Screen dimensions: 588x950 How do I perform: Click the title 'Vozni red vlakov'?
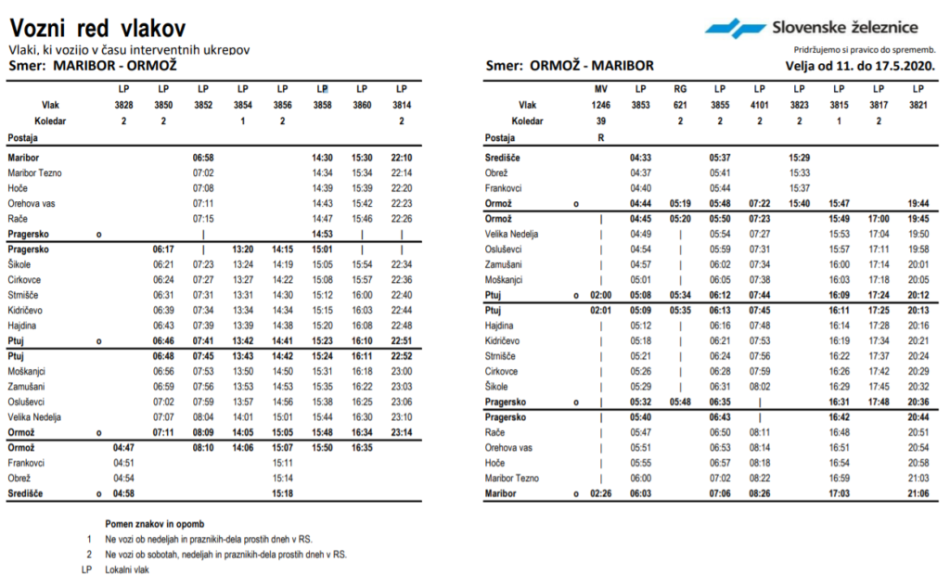pos(97,28)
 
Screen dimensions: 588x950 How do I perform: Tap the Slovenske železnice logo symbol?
pos(735,28)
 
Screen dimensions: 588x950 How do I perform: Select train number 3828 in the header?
pos(123,105)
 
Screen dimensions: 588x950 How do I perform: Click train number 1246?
pos(601,105)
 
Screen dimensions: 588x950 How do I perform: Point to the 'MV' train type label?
pos(601,89)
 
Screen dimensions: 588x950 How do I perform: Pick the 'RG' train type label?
pos(680,89)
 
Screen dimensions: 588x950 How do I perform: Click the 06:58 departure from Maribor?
pos(203,159)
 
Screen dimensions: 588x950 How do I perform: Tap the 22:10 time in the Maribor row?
pos(402,159)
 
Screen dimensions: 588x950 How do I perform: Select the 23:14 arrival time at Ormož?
pos(402,432)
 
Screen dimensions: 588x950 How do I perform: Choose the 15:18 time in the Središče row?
pos(282,493)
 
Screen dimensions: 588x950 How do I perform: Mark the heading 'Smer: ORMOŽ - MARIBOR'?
pos(570,66)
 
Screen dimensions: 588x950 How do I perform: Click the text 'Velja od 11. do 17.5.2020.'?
pos(860,66)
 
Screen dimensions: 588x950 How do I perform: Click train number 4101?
pos(759,105)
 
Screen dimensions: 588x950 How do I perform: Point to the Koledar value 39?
pos(601,121)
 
